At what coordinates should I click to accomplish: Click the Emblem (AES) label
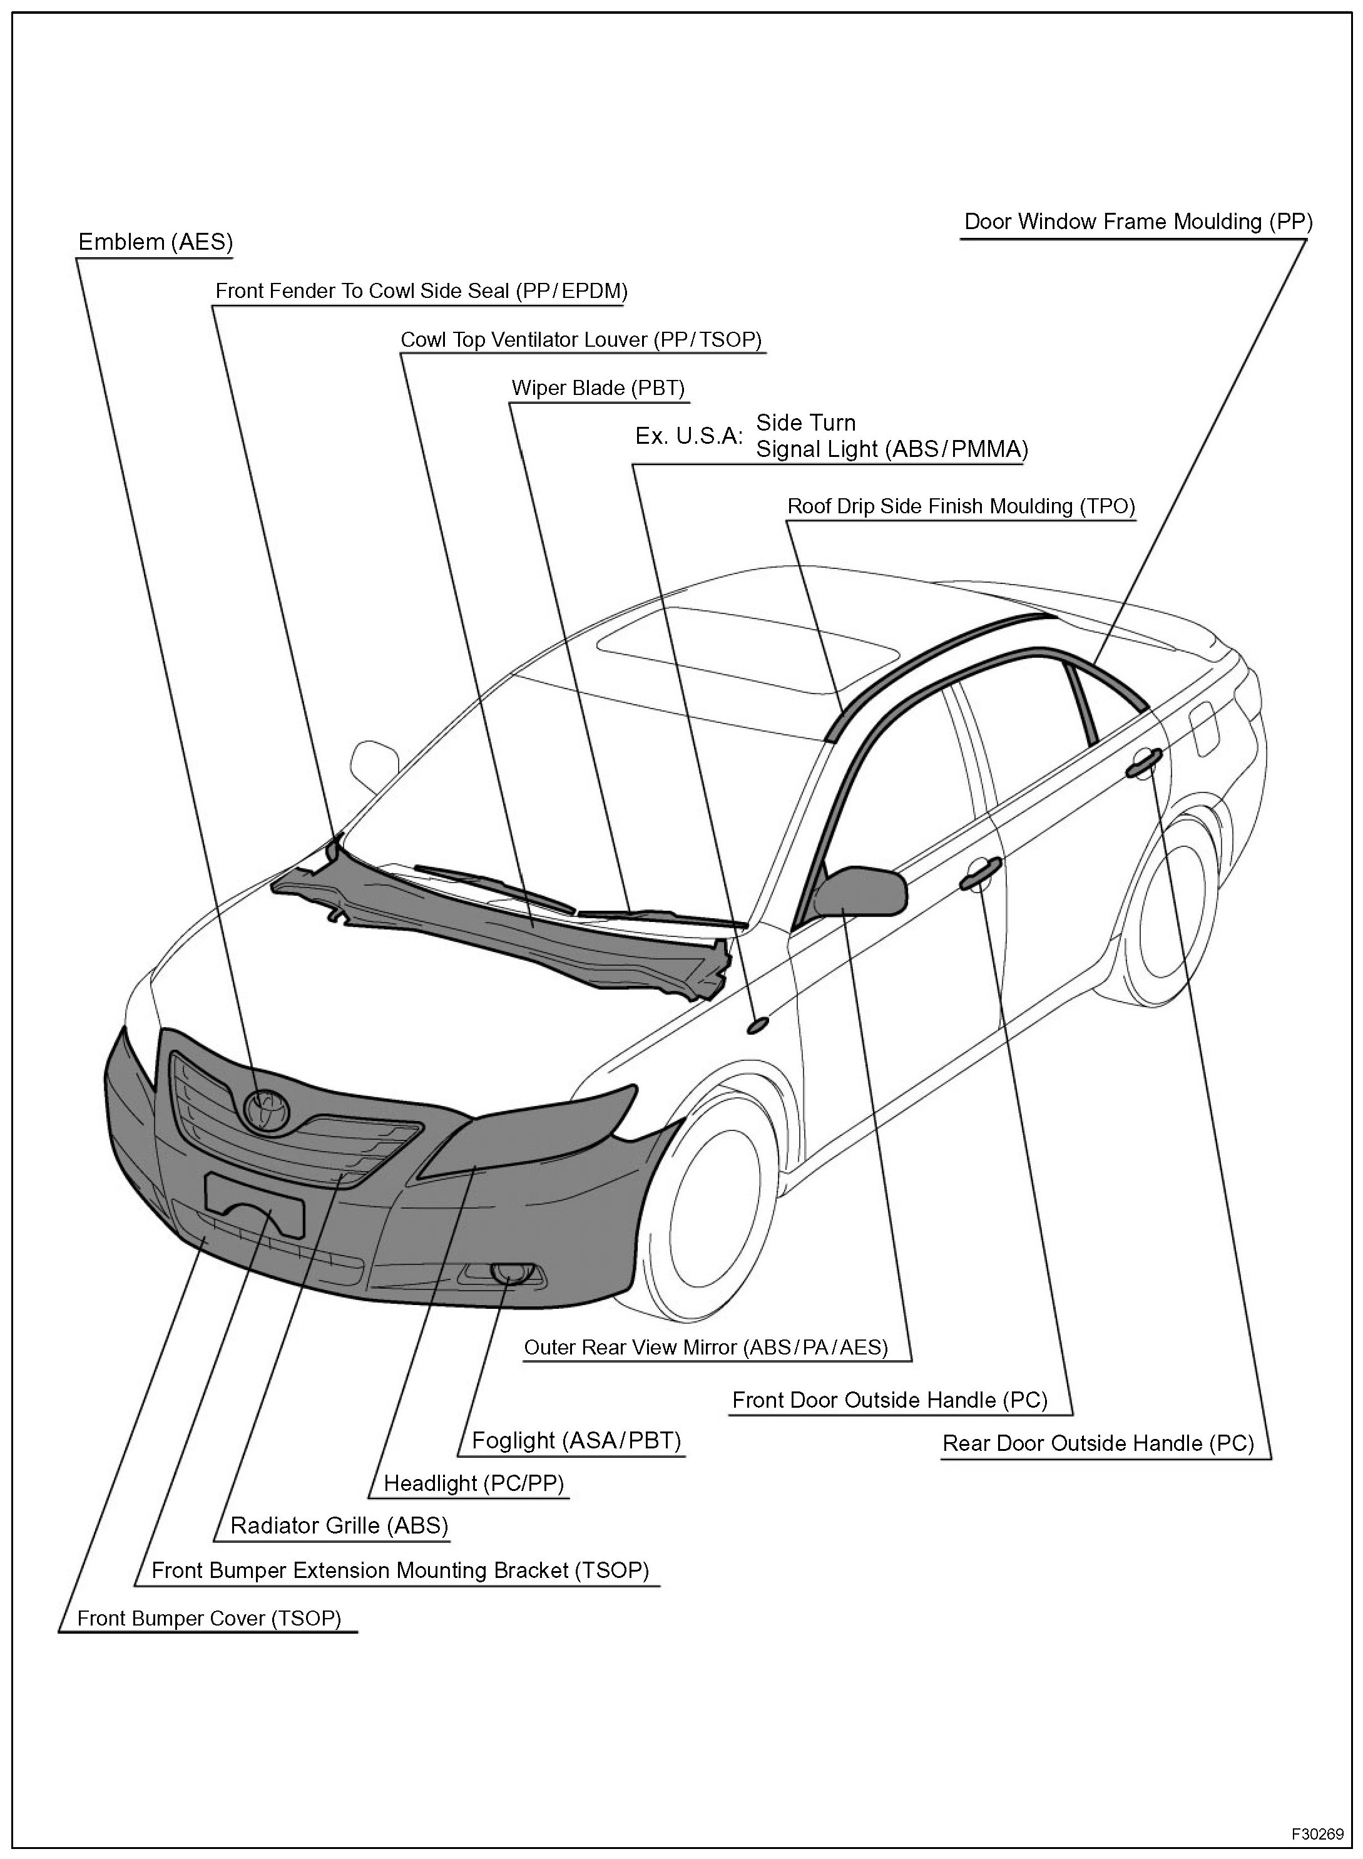point(155,242)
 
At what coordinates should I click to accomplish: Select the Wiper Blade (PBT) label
point(598,388)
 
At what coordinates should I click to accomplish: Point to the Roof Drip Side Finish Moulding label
point(961,506)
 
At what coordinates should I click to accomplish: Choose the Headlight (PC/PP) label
point(474,1483)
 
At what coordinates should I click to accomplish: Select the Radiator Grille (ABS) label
point(339,1525)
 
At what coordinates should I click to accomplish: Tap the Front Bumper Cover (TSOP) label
point(209,1618)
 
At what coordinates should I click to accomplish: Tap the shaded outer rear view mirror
point(862,892)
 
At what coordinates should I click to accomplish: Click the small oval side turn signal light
point(757,1024)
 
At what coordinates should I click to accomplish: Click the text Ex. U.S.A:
point(689,436)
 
